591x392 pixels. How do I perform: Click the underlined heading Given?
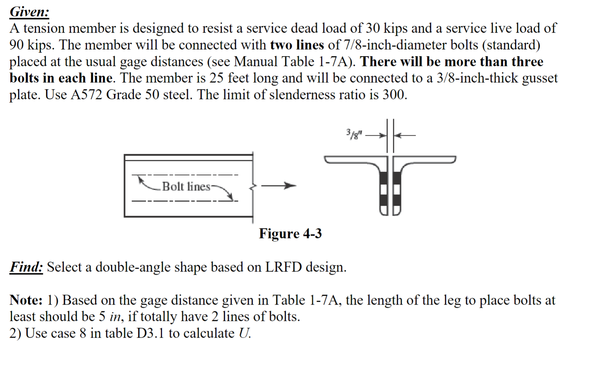29,12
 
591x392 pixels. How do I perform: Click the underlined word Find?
26,267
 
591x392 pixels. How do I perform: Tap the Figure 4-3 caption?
290,233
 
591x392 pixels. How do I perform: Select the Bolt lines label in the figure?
186,186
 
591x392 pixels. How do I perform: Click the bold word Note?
26,300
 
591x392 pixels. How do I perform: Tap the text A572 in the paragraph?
86,95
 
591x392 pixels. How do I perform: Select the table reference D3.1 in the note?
150,333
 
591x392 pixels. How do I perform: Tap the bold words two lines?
297,45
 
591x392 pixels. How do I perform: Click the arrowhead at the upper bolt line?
142,179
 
